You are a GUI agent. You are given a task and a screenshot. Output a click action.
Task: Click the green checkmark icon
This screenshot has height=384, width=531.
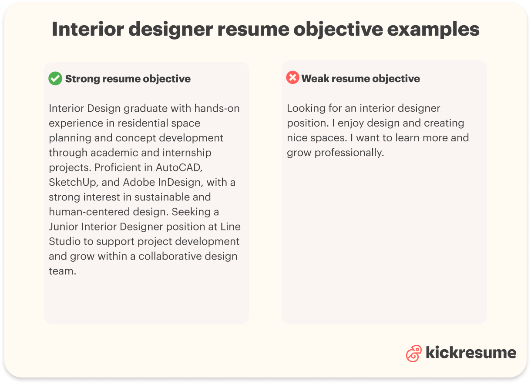(x=55, y=79)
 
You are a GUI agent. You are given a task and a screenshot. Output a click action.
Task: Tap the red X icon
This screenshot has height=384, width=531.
(x=292, y=78)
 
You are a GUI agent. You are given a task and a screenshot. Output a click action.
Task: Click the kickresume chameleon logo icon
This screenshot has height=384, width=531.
(x=413, y=353)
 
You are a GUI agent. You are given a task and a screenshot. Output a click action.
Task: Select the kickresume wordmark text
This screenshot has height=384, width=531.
(x=471, y=353)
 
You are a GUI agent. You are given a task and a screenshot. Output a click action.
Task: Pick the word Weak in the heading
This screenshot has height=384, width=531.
(x=314, y=79)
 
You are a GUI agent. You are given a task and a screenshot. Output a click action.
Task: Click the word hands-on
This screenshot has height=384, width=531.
(x=217, y=108)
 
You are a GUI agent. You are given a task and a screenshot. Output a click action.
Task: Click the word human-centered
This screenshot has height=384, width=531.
(x=86, y=212)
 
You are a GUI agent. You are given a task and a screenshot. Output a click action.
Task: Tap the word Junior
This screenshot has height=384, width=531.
(x=63, y=227)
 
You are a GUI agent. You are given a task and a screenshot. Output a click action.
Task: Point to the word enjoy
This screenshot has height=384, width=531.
(x=351, y=123)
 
